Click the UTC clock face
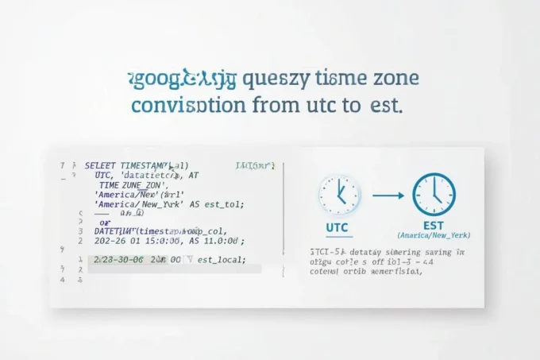(339, 194)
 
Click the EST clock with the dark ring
(434, 194)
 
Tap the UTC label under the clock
(337, 226)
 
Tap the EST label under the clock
(434, 226)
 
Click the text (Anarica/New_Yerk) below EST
(434, 236)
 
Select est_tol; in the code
(224, 203)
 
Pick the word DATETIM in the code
(114, 230)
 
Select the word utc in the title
(316, 105)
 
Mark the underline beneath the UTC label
(337, 234)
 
